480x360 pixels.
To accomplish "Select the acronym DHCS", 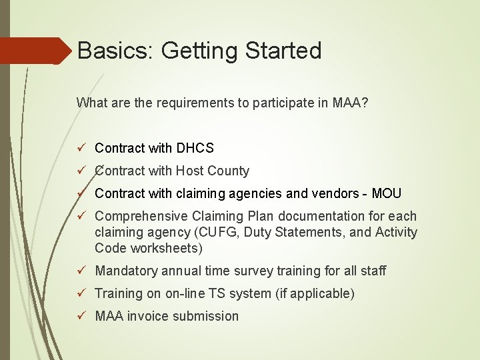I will click(x=195, y=148).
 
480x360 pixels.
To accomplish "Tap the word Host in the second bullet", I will click(x=190, y=171).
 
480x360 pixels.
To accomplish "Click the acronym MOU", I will click(x=387, y=193).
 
